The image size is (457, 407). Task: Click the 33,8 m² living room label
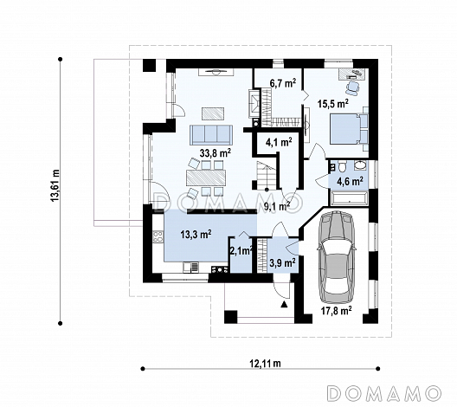click(x=216, y=152)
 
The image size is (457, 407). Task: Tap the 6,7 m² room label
click(x=283, y=83)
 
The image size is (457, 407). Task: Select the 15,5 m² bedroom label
click(x=333, y=104)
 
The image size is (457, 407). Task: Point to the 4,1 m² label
click(x=279, y=142)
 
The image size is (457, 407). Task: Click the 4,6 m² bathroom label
click(x=350, y=181)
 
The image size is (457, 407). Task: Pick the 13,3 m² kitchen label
click(x=196, y=234)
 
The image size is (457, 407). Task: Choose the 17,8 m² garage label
click(x=337, y=311)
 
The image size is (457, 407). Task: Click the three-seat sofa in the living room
click(x=211, y=135)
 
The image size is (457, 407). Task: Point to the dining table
click(x=206, y=178)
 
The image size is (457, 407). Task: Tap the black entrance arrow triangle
click(x=284, y=305)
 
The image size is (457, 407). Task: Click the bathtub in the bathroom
click(x=349, y=198)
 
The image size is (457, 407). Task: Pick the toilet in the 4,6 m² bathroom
click(x=342, y=167)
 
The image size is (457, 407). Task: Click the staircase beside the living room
click(x=266, y=175)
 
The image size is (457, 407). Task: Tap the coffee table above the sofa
click(x=213, y=113)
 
